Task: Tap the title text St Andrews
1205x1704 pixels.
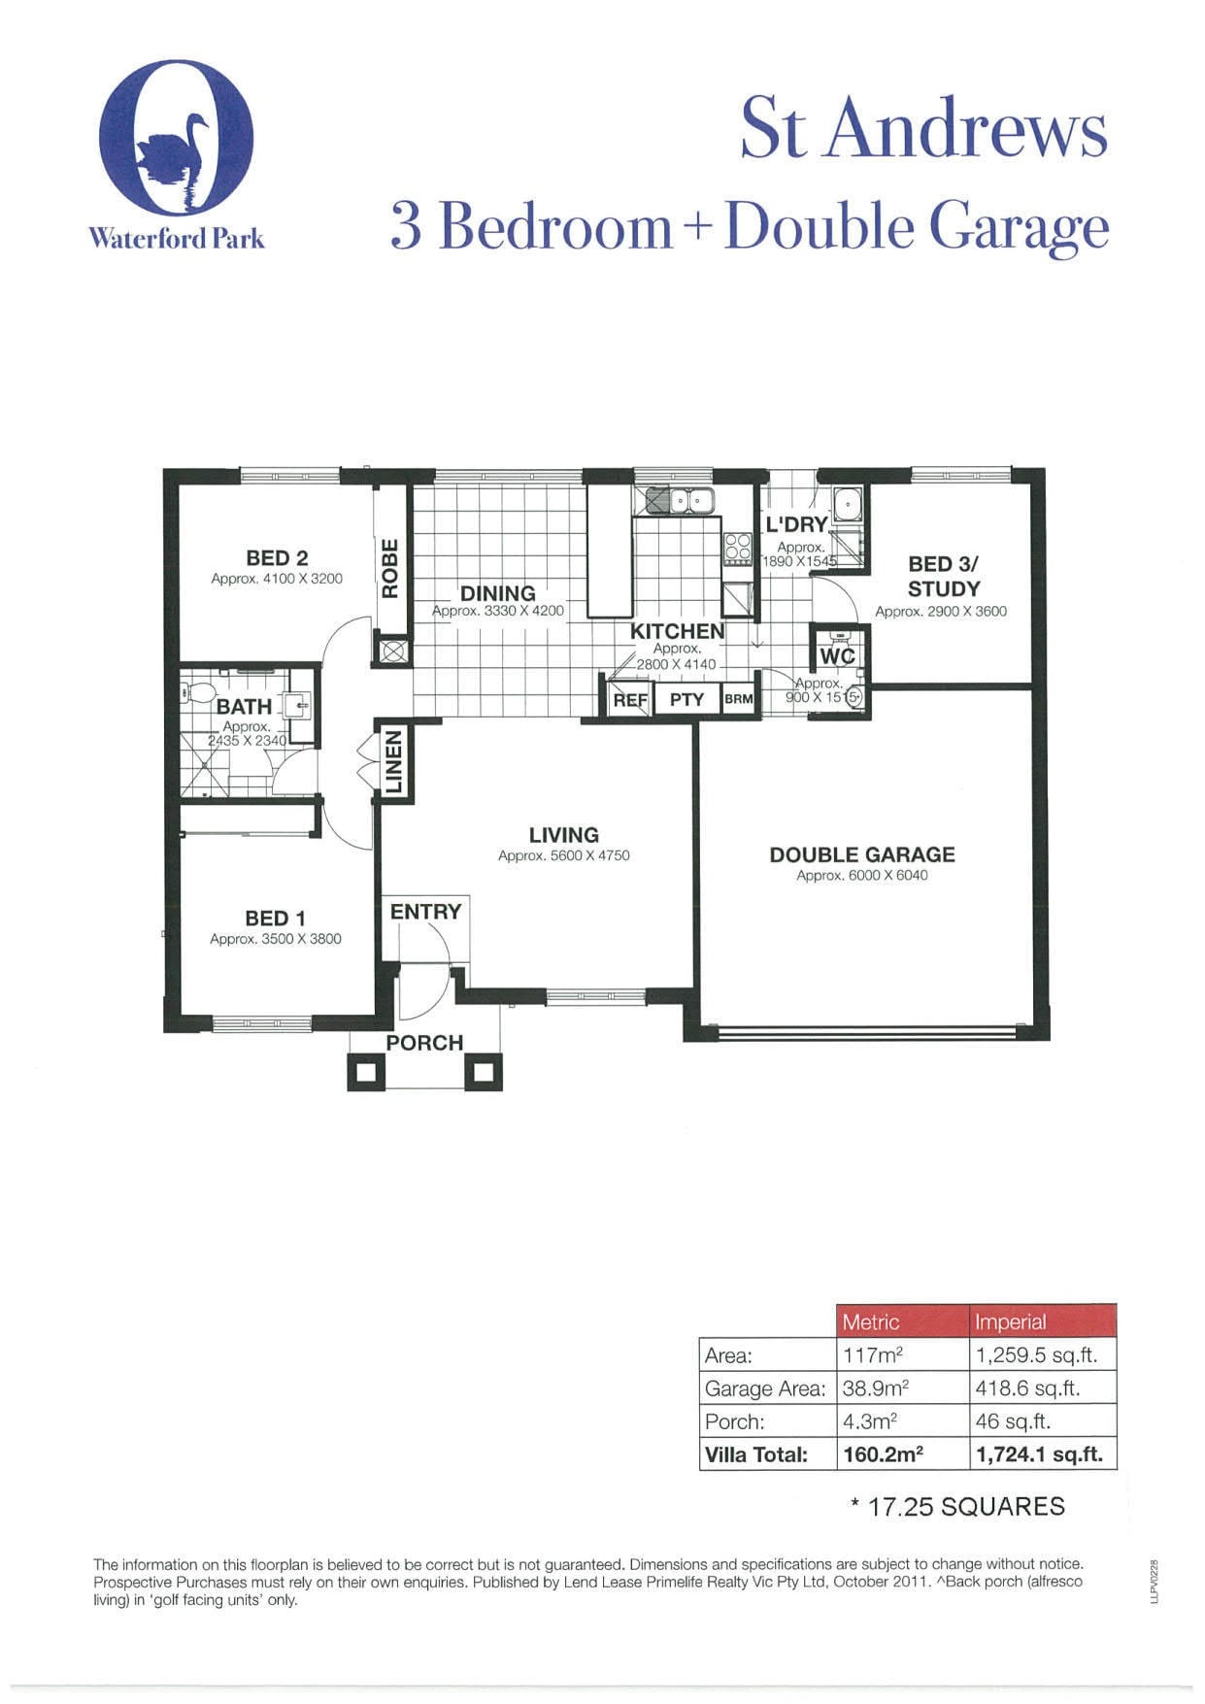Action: pyautogui.click(x=923, y=129)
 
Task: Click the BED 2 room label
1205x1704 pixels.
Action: pyautogui.click(x=277, y=557)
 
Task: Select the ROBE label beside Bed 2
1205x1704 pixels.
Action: pyautogui.click(x=389, y=569)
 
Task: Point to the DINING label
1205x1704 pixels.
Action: pyautogui.click(x=498, y=592)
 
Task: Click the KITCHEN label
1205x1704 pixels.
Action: pyautogui.click(x=678, y=631)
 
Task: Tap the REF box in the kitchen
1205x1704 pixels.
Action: pyautogui.click(x=630, y=699)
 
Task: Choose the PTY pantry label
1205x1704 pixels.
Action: pyautogui.click(x=686, y=699)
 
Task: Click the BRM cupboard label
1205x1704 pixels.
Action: pyautogui.click(x=739, y=699)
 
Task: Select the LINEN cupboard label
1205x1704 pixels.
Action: pyautogui.click(x=393, y=763)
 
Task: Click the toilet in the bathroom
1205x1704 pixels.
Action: pyautogui.click(x=199, y=693)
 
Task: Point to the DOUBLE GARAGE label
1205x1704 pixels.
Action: pyautogui.click(x=862, y=854)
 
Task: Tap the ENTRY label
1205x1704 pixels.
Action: pyautogui.click(x=425, y=912)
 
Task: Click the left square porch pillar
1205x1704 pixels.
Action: pyautogui.click(x=366, y=1071)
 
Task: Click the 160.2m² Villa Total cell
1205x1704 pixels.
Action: pyautogui.click(x=883, y=1453)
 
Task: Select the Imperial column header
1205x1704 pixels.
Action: pyautogui.click(x=1011, y=1321)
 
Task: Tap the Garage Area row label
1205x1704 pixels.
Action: pyautogui.click(x=765, y=1388)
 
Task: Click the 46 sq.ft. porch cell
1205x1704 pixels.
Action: pyautogui.click(x=1013, y=1421)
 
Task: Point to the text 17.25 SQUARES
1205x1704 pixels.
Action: pyautogui.click(x=966, y=1506)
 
